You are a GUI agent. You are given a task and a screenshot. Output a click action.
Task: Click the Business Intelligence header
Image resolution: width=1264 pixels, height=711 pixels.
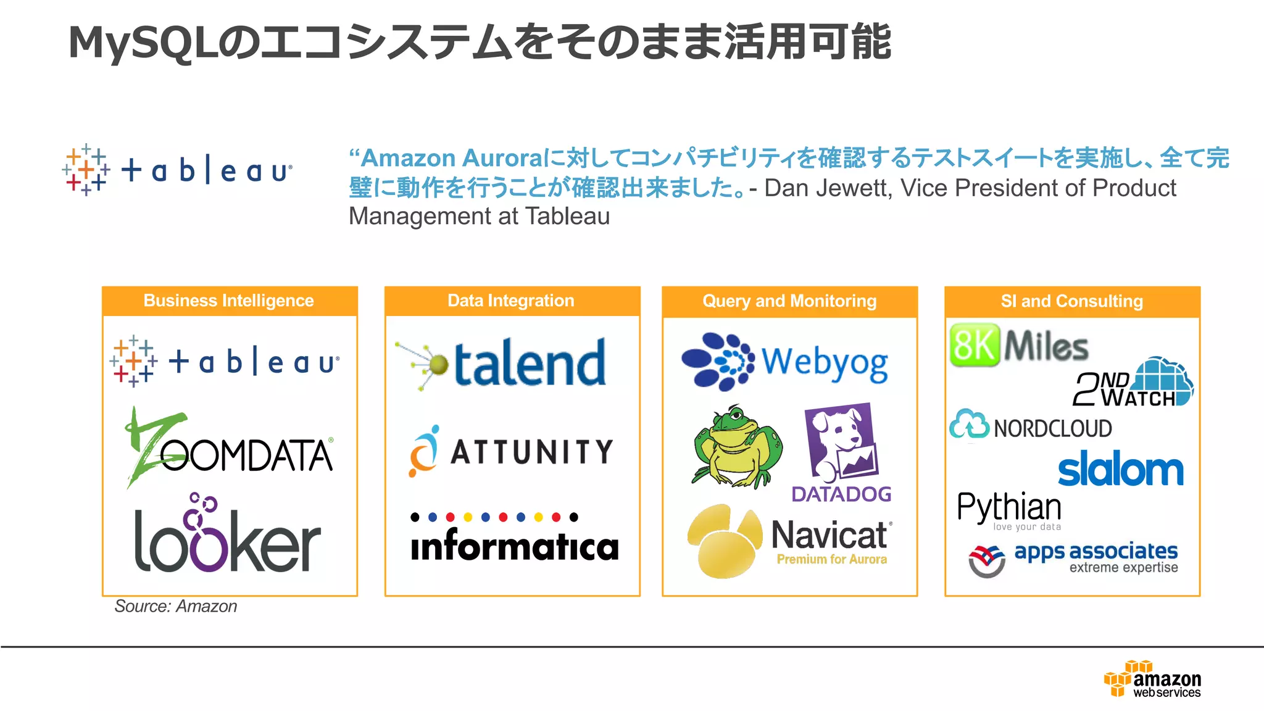(x=229, y=301)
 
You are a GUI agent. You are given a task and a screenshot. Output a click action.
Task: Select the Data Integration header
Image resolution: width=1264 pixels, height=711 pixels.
(x=511, y=301)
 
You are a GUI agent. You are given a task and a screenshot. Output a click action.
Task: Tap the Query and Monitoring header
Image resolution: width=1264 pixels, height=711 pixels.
(x=789, y=301)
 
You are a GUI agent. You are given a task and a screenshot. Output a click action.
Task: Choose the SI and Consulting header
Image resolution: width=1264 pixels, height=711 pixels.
(x=1072, y=301)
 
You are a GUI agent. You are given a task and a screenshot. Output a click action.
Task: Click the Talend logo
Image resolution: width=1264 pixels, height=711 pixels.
(x=501, y=364)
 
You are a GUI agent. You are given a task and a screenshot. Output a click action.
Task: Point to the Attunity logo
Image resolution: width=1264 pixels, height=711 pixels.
(x=512, y=452)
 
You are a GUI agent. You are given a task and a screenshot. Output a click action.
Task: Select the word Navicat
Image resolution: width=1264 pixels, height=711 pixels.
(x=829, y=535)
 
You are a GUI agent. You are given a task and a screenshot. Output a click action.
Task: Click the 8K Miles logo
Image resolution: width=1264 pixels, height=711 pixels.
(x=1019, y=344)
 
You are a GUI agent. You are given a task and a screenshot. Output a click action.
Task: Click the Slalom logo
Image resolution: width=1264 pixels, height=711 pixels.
(x=1121, y=470)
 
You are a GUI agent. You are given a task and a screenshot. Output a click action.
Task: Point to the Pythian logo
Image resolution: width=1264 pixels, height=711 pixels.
(x=1009, y=509)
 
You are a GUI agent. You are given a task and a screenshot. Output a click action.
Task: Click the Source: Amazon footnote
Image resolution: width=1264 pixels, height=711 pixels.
(x=176, y=607)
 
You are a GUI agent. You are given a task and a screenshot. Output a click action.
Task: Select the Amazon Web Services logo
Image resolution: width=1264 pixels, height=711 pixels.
(x=1152, y=680)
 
